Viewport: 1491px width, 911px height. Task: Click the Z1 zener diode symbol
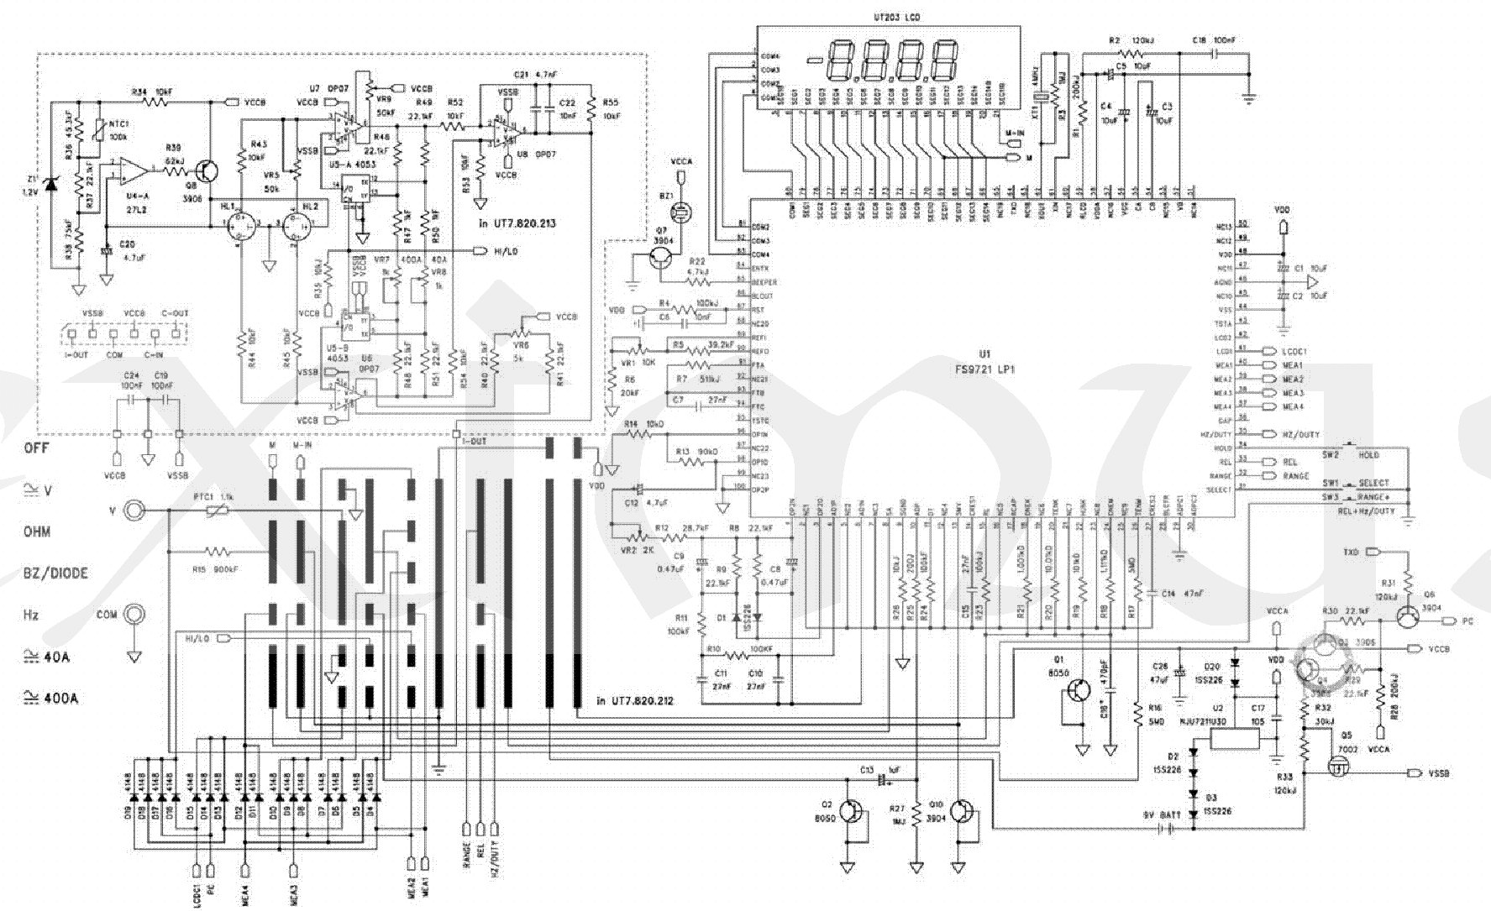pos(52,184)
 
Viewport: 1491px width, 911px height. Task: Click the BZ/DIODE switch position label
pos(55,573)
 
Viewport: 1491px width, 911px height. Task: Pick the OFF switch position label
pos(36,448)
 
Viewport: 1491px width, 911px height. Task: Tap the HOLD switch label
pos(1369,455)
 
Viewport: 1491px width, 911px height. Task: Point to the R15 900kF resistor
pos(218,552)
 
